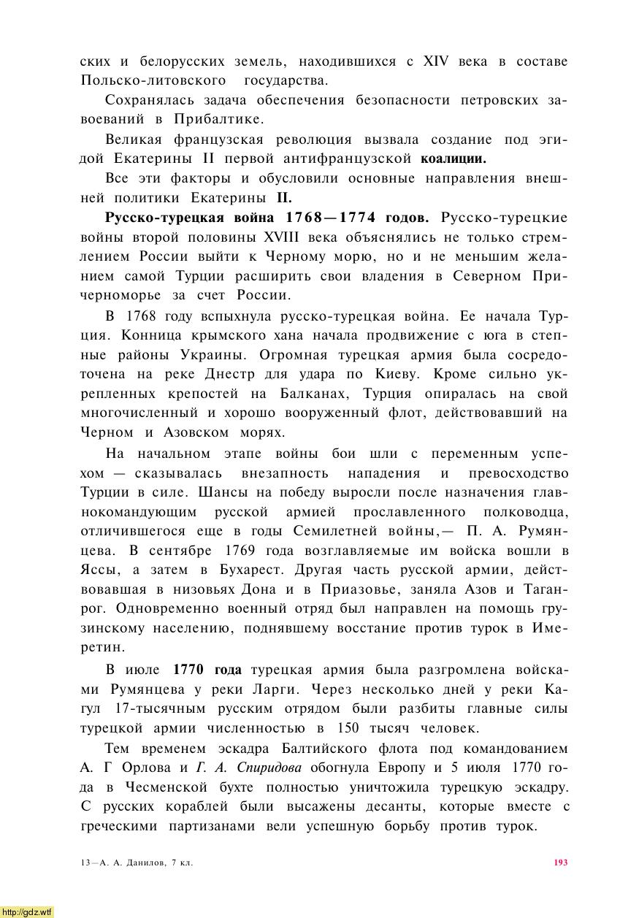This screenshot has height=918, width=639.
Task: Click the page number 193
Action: [561, 862]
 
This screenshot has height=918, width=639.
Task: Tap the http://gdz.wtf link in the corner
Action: [27, 911]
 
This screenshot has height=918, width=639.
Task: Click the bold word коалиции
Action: [454, 158]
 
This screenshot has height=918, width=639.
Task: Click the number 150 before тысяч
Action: [351, 728]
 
